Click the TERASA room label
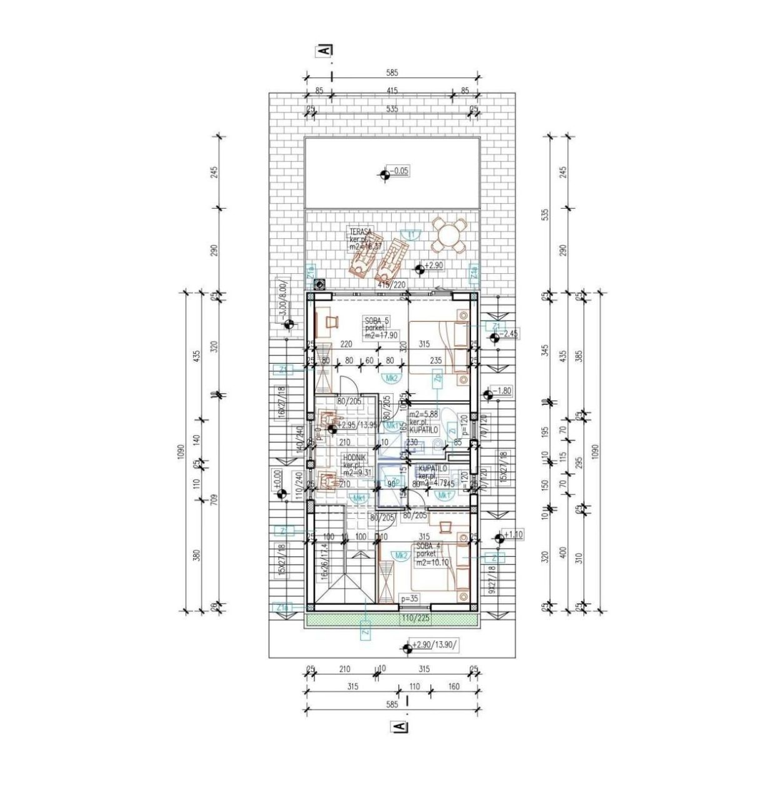click(361, 231)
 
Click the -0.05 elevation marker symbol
click(384, 176)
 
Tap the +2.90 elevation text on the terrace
click(435, 266)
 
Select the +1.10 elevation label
click(514, 535)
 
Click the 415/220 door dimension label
click(392, 284)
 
